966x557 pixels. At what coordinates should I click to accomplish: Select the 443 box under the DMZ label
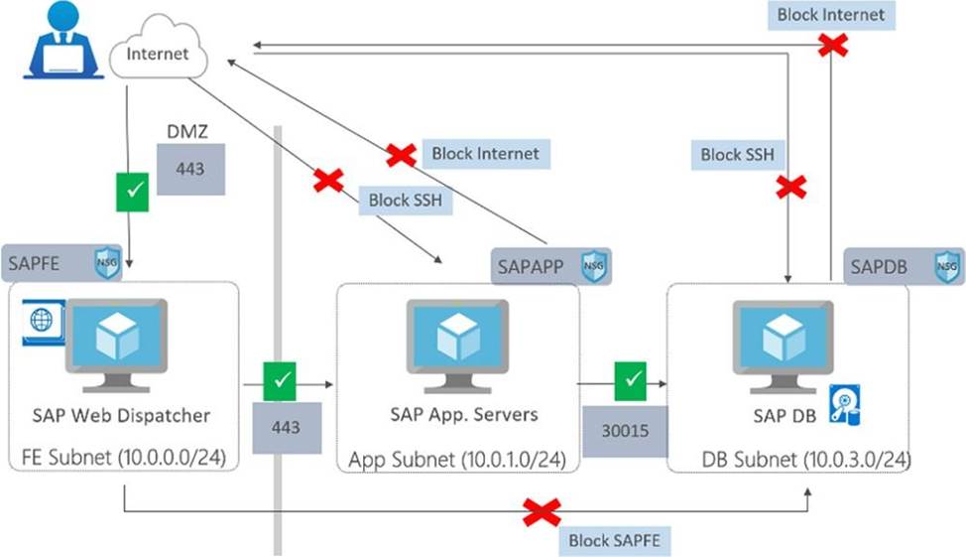coord(190,169)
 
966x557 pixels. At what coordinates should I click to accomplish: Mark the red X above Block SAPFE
coord(542,512)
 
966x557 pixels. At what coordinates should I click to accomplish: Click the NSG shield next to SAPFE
coord(106,264)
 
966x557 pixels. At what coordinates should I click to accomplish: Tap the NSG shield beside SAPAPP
coord(593,266)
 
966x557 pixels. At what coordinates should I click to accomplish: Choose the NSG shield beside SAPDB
coord(947,266)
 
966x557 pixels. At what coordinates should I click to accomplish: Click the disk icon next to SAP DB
coord(845,405)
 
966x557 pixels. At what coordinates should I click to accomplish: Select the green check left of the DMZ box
coord(131,187)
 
